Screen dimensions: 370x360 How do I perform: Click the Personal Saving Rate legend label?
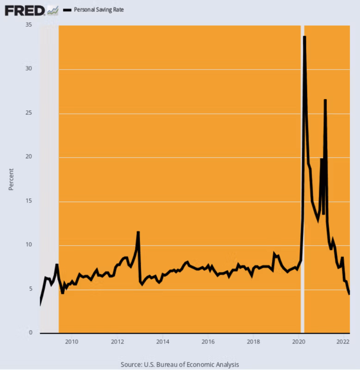(x=99, y=10)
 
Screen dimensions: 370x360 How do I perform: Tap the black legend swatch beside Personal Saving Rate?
(x=67, y=10)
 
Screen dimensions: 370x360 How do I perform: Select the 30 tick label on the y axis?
(x=29, y=69)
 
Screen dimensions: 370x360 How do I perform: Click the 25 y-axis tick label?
(x=29, y=113)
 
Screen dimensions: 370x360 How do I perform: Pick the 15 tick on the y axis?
(x=29, y=201)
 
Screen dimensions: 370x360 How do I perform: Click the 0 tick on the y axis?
(x=30, y=333)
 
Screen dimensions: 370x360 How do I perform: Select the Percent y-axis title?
(x=11, y=179)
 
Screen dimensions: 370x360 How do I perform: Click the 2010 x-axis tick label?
(x=71, y=342)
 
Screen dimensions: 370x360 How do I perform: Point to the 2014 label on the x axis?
(x=162, y=342)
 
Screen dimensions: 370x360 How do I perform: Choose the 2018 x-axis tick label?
(x=253, y=342)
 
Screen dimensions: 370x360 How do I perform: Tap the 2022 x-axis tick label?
(x=343, y=342)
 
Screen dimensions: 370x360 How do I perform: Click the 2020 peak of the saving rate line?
(x=304, y=37)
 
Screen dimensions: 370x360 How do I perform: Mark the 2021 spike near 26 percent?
(x=325, y=100)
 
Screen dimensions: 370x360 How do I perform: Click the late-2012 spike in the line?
(x=138, y=232)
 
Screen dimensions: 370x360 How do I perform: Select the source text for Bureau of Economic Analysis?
(x=180, y=364)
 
